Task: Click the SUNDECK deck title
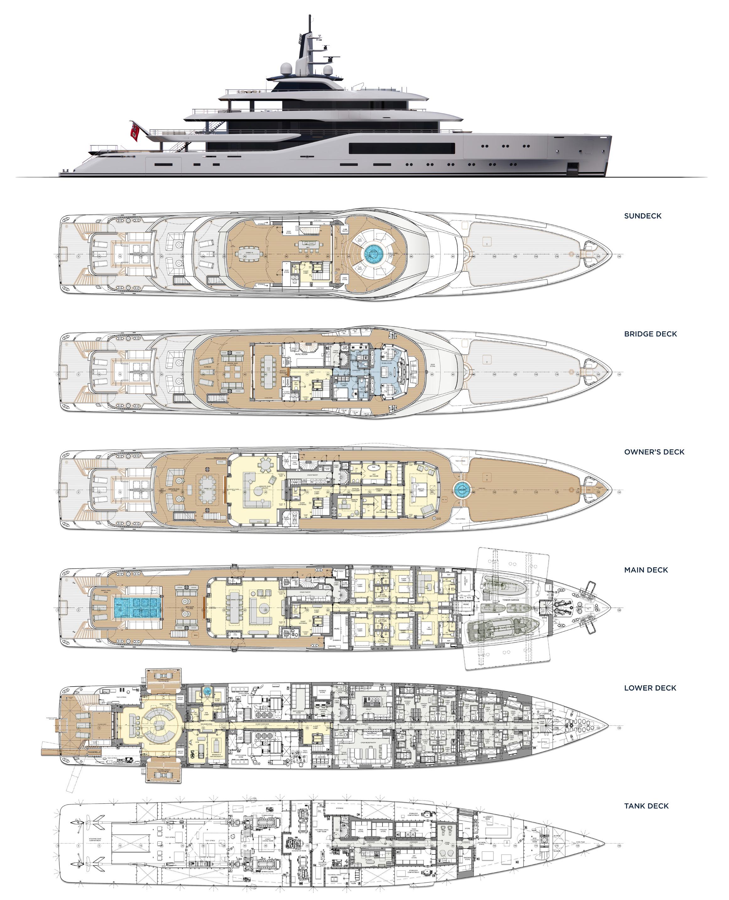pos(643,216)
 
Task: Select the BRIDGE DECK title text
pos(650,334)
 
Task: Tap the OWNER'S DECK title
pos(654,452)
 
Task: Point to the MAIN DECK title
pos(646,570)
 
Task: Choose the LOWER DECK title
pos(650,688)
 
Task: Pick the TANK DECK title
pos(646,806)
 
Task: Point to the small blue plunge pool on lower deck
pos(207,690)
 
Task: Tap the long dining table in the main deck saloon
pos(233,607)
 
